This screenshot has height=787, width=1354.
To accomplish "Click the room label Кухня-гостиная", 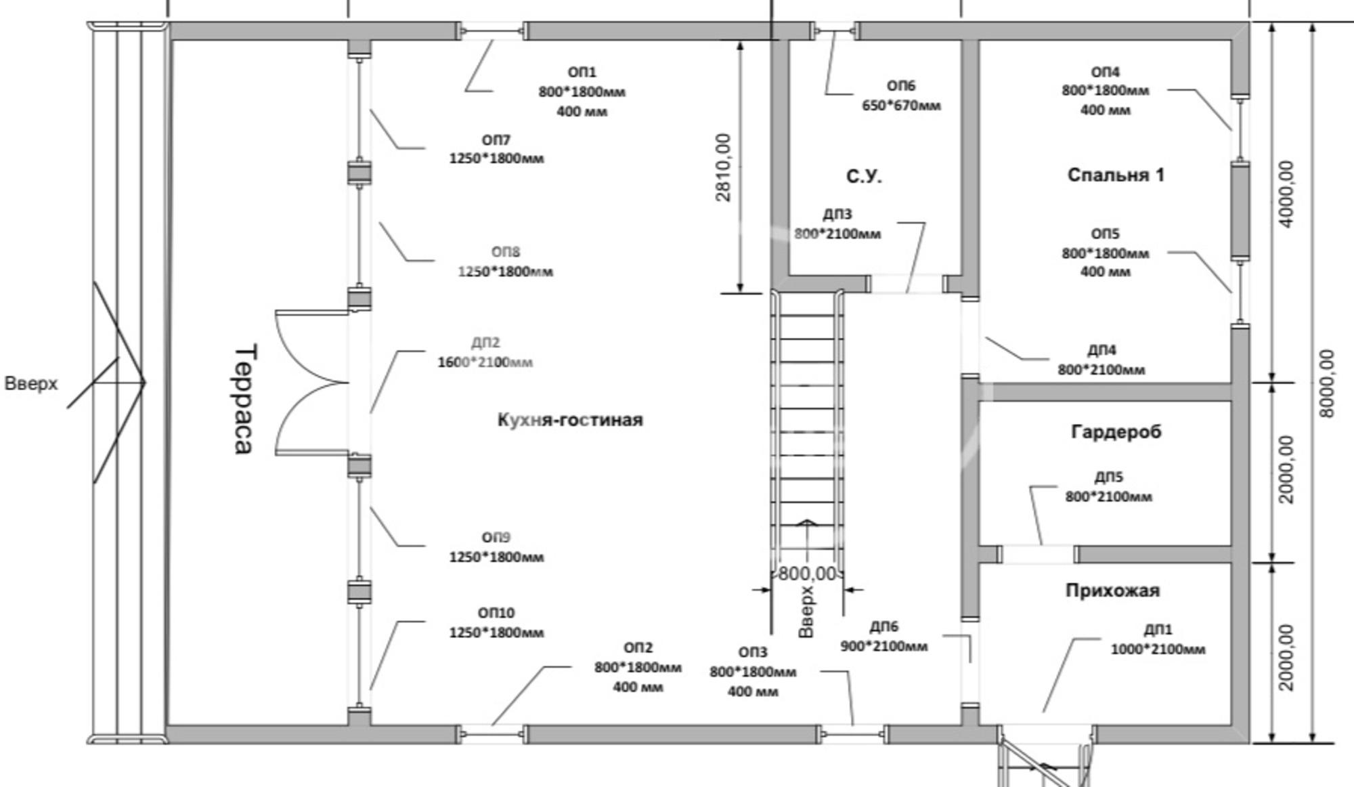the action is point(570,420).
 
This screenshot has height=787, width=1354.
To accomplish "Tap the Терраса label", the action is point(244,399).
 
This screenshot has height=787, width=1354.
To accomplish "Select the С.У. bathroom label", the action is point(864,176).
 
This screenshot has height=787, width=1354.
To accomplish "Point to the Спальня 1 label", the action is point(1116,175).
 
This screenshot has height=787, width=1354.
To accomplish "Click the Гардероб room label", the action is point(1116,431).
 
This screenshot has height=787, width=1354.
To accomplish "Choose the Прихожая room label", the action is point(1112,591).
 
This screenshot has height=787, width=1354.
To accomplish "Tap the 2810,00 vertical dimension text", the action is point(723,167).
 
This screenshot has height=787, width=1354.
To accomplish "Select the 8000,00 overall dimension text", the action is point(1327,383).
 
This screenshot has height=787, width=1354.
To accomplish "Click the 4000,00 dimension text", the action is point(1287,194).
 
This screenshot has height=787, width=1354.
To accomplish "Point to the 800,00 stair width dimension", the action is point(807,574).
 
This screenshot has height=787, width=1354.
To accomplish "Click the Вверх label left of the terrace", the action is point(31,383).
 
